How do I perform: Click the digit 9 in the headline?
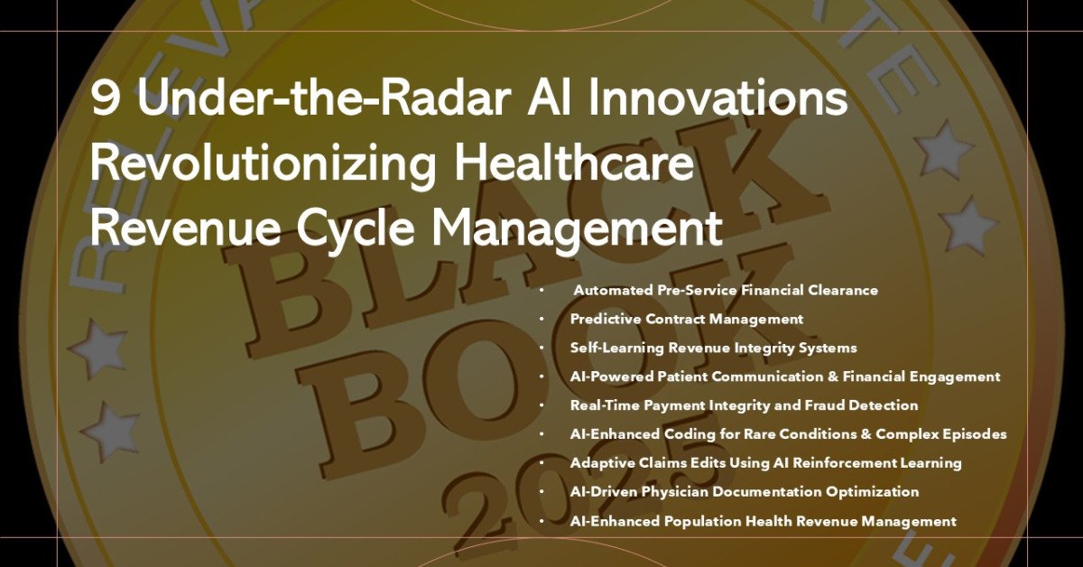click(x=105, y=98)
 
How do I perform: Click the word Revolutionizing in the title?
click(x=263, y=163)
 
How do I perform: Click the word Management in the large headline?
click(x=578, y=228)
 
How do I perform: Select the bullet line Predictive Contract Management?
click(x=687, y=320)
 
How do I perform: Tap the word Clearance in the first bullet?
click(x=843, y=291)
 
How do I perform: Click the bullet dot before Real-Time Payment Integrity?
click(x=542, y=405)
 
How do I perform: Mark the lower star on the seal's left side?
click(x=108, y=431)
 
